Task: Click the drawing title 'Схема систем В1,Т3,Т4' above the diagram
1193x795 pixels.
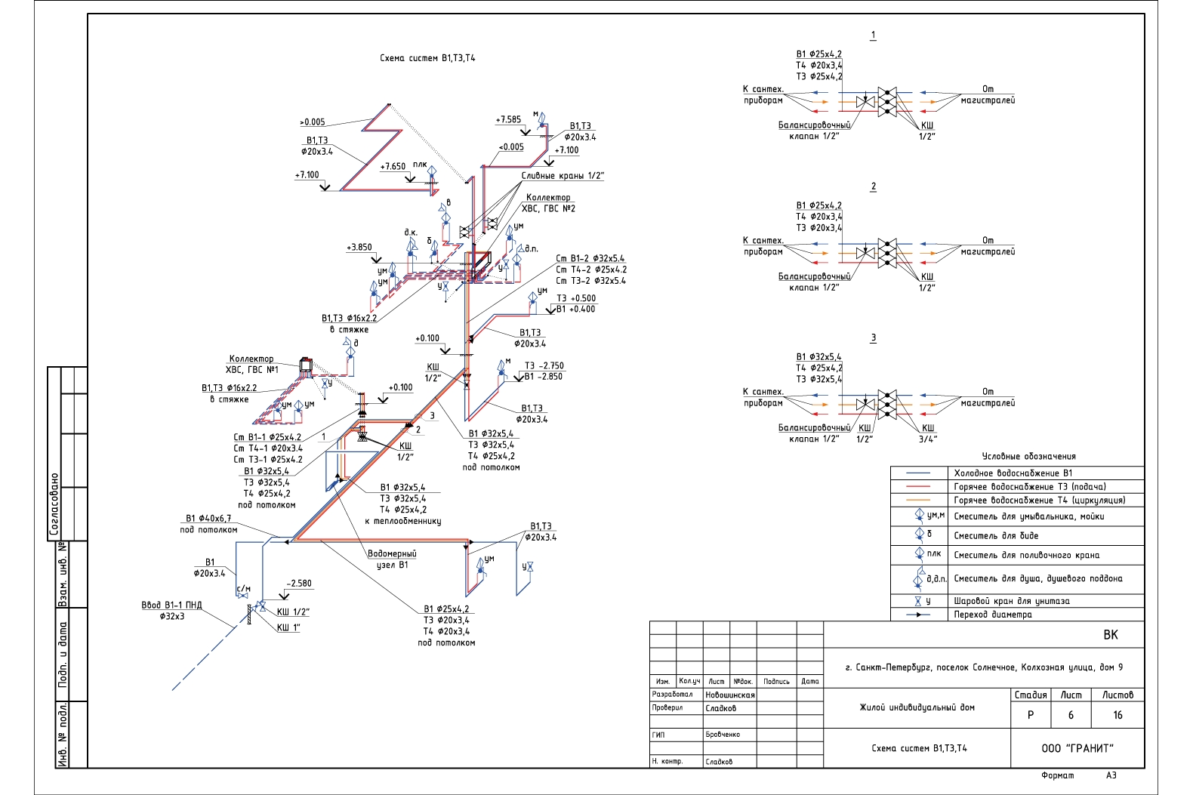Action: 427,58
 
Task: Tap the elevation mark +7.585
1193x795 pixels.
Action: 508,119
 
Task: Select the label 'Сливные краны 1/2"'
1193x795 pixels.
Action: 563,176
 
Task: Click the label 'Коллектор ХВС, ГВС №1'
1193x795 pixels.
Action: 251,364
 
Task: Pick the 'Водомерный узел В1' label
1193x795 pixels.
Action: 392,559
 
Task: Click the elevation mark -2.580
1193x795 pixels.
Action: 299,583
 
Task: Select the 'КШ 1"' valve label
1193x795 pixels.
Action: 288,627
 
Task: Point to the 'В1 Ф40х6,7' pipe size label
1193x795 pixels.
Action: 208,519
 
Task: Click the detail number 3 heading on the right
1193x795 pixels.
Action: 873,337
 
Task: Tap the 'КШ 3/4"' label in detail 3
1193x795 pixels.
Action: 927,433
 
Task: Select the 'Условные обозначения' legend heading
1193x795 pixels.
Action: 1028,456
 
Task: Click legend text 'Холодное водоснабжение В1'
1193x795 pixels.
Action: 1013,473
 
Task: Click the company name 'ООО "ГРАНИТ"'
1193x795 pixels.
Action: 1077,748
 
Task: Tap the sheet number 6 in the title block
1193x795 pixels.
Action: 1070,715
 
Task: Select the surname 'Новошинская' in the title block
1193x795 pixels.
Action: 729,695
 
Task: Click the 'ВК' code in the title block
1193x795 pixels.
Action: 1110,635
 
